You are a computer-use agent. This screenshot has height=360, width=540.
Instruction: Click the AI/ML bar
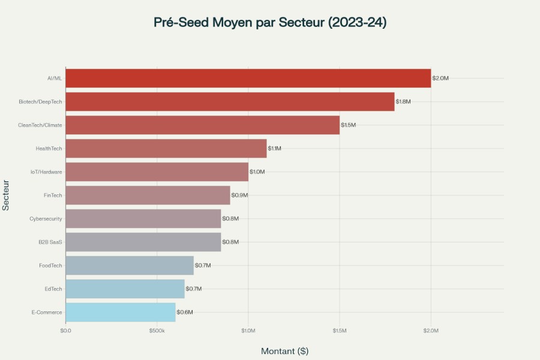(x=248, y=78)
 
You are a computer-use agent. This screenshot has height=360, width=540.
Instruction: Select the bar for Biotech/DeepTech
(x=230, y=101)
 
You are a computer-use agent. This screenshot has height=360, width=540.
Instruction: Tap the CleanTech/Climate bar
(x=202, y=125)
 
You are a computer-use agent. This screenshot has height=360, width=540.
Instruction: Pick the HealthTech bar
(x=166, y=148)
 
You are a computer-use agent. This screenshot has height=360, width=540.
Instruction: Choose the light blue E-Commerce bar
(x=120, y=312)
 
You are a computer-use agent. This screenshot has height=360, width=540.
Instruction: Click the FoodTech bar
(x=129, y=265)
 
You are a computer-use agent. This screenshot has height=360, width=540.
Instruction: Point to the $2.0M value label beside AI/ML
(x=440, y=78)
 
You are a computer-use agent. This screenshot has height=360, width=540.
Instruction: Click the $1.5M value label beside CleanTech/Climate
(x=349, y=125)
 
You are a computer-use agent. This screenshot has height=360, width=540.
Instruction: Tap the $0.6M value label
(x=185, y=312)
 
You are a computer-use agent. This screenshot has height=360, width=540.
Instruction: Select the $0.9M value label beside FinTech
(x=239, y=195)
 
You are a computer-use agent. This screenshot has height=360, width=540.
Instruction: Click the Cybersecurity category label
(x=46, y=218)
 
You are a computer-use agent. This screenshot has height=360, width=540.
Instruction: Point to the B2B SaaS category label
(x=50, y=242)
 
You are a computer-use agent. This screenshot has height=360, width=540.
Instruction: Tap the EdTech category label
(x=53, y=289)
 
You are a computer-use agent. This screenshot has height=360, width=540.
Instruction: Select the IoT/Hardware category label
(x=47, y=172)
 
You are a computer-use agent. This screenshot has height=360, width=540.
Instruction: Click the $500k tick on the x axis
(x=157, y=331)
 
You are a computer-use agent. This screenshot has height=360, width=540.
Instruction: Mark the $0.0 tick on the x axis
(x=65, y=331)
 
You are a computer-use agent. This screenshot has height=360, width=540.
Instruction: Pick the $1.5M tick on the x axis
(x=340, y=331)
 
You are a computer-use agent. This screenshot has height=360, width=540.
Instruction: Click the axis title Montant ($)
(x=284, y=351)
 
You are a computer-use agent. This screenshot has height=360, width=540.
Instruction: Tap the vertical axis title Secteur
(x=6, y=195)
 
